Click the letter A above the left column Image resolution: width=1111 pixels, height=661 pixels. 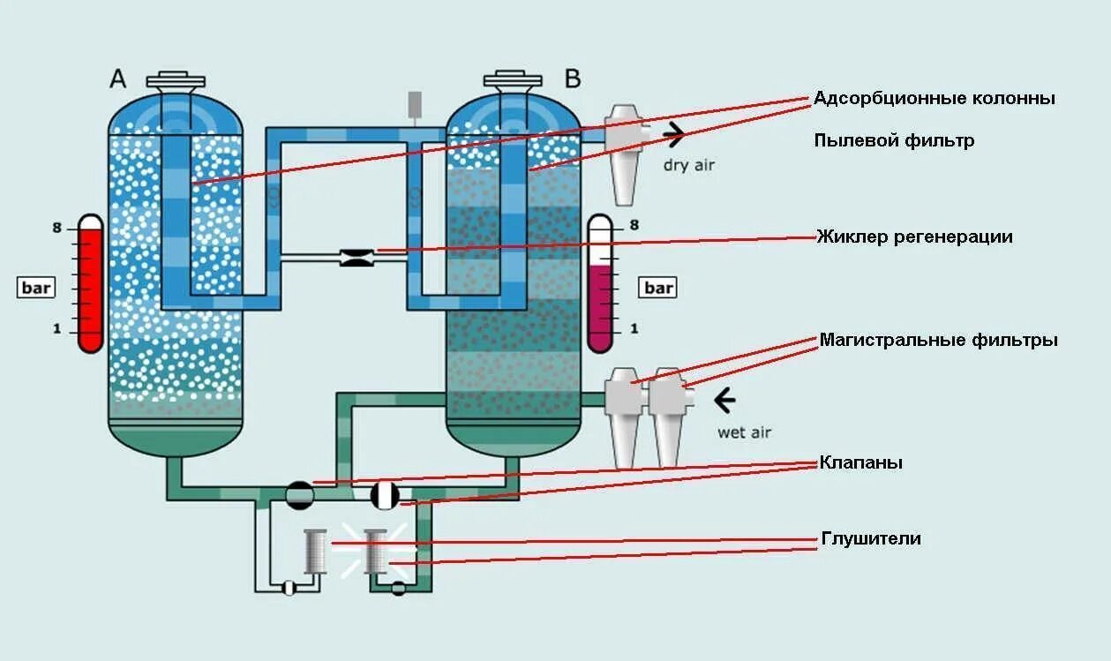click(x=118, y=79)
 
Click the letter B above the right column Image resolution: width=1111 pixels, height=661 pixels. click(x=573, y=79)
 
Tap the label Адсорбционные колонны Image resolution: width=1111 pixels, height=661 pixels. click(x=934, y=98)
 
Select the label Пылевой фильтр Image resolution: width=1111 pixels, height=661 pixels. click(x=894, y=140)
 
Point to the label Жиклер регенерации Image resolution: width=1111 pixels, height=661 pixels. click(x=914, y=237)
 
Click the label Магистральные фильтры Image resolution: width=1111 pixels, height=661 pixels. click(x=938, y=340)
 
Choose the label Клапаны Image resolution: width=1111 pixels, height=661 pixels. click(x=860, y=462)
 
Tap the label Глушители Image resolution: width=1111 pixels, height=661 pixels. click(x=871, y=538)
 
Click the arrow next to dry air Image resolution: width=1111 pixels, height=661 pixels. click(x=674, y=135)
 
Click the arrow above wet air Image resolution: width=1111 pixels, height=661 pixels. click(x=724, y=402)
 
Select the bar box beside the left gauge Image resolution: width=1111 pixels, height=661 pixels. click(x=38, y=288)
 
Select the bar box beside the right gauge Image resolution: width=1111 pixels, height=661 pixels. click(x=658, y=288)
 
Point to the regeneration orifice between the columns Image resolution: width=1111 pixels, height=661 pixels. click(x=357, y=257)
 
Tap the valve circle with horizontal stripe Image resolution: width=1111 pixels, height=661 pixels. click(x=300, y=495)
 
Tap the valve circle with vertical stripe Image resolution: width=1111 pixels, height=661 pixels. click(x=386, y=495)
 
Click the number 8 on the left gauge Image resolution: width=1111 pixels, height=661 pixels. click(x=56, y=228)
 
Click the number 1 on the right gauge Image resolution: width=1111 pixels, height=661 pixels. click(x=634, y=329)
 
